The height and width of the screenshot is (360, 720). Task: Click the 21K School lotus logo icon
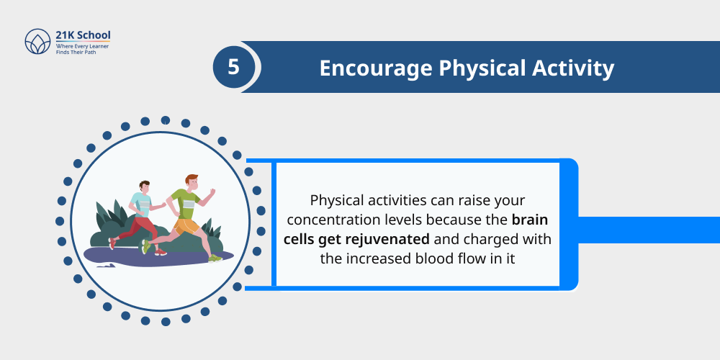pyautogui.click(x=36, y=42)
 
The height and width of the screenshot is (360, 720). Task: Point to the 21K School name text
pyautogui.click(x=83, y=35)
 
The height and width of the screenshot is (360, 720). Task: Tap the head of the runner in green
pyautogui.click(x=192, y=181)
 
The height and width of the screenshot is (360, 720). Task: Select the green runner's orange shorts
pyautogui.click(x=186, y=226)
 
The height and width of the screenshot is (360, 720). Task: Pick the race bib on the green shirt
pyautogui.click(x=188, y=203)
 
